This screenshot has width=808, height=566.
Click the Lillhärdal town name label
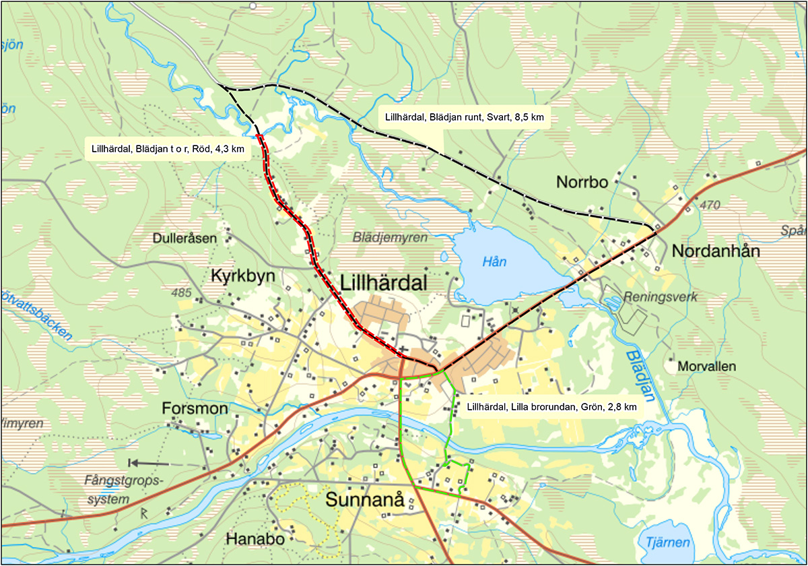click(x=384, y=284)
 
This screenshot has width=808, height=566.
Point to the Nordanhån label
click(x=716, y=251)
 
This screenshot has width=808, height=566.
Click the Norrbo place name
click(x=582, y=183)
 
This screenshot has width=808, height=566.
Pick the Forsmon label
click(x=195, y=409)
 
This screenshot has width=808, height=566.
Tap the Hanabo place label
click(x=251, y=539)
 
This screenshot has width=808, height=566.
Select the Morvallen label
click(x=707, y=367)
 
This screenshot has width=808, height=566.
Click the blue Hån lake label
click(x=494, y=262)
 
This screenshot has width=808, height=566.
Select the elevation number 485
click(x=182, y=294)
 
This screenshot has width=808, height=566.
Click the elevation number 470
click(x=710, y=204)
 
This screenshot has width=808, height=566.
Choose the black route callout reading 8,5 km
click(x=464, y=117)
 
